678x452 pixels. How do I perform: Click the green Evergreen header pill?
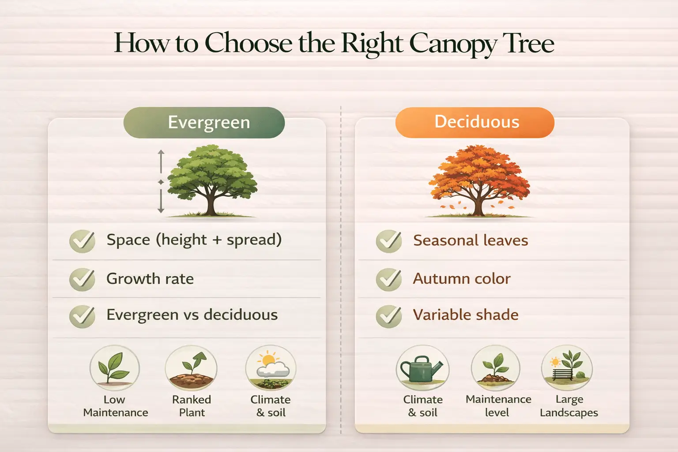click(204, 122)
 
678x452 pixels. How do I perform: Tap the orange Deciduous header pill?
click(475, 122)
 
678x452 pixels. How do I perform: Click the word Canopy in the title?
click(453, 44)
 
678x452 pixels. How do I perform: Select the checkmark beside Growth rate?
click(82, 279)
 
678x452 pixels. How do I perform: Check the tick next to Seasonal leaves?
click(388, 241)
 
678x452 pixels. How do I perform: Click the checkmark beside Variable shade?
click(388, 316)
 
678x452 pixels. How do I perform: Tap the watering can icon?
click(422, 368)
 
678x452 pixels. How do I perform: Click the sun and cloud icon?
click(271, 368)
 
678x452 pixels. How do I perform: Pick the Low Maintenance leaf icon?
click(114, 368)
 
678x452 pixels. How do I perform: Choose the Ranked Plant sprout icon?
click(191, 368)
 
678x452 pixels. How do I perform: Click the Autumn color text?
click(462, 279)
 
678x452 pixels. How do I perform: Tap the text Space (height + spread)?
click(194, 240)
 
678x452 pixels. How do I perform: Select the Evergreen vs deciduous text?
click(192, 315)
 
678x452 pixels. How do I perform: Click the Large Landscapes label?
click(569, 406)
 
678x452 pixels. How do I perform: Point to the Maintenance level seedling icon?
click(496, 368)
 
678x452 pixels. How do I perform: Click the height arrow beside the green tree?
click(161, 181)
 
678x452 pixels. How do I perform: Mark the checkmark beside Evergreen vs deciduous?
click(82, 316)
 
